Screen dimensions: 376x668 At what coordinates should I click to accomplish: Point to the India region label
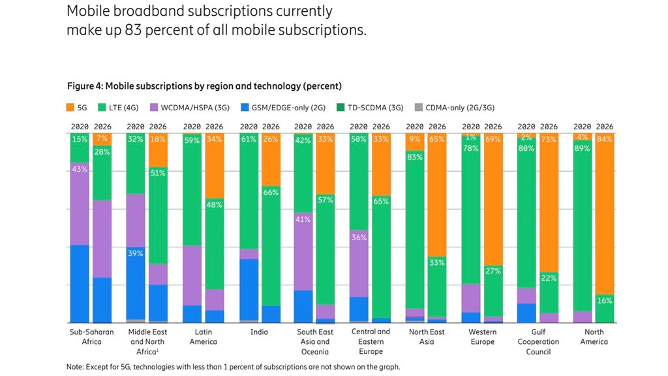(259, 332)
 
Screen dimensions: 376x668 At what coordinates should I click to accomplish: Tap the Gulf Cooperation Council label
(538, 341)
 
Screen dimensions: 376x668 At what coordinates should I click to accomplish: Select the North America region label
(594, 337)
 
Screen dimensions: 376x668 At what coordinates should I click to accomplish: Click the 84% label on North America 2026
(605, 139)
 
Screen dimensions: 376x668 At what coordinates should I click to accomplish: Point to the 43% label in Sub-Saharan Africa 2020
(80, 169)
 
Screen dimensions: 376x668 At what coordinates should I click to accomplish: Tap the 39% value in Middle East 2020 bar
(136, 253)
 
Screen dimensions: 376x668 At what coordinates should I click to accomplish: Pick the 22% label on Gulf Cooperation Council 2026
(549, 279)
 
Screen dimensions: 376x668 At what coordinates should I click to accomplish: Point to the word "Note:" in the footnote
(76, 367)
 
